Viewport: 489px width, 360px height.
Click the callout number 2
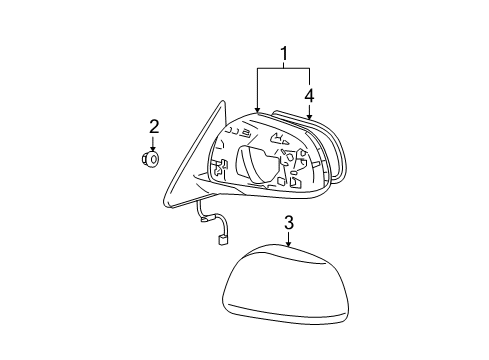pyautogui.click(x=154, y=126)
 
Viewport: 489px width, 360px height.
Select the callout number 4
pyautogui.click(x=310, y=96)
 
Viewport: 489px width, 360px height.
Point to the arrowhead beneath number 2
pyautogui.click(x=154, y=147)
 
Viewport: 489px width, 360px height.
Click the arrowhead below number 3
pyautogui.click(x=288, y=245)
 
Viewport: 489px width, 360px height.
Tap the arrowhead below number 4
pyautogui.click(x=310, y=117)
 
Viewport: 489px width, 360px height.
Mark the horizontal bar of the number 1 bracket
pyautogui.click(x=283, y=68)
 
